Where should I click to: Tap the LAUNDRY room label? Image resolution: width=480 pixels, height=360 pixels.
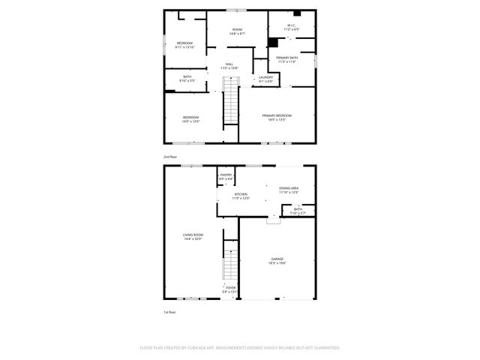pos(265,78)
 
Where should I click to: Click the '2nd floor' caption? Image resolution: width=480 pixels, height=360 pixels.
pos(170,156)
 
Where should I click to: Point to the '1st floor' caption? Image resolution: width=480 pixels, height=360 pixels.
pos(169,312)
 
